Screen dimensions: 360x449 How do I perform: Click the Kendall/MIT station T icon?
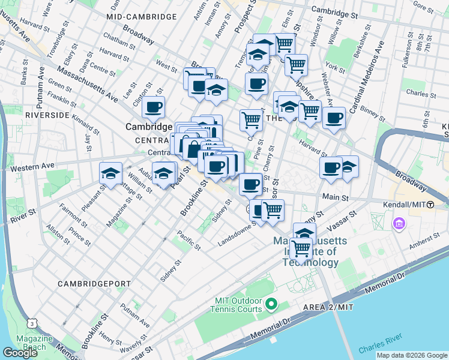pos(430,205)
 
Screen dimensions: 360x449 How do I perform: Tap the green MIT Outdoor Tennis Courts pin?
pos(271,305)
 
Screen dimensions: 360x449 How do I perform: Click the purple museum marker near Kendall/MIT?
pos(399,224)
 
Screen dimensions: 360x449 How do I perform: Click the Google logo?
pos(20,353)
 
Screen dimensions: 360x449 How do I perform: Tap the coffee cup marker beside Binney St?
pos(334,117)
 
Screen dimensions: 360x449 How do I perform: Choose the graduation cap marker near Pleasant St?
pos(110,173)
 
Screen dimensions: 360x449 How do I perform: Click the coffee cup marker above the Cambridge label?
pos(153,107)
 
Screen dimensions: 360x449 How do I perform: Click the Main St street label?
pos(336,197)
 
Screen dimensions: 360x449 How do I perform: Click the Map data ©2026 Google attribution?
pos(411,355)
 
